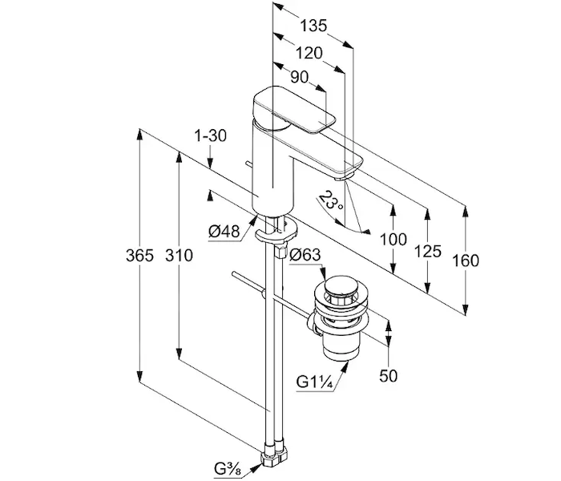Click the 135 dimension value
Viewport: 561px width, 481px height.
(x=313, y=26)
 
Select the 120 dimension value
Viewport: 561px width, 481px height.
(x=308, y=53)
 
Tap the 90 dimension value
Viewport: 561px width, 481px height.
(x=300, y=77)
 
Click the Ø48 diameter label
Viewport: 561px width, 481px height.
(x=224, y=232)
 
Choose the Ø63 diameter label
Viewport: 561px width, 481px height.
(x=305, y=257)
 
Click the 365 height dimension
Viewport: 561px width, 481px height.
(x=139, y=257)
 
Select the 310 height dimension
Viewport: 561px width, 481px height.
(x=179, y=257)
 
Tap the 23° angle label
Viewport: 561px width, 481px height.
(x=329, y=200)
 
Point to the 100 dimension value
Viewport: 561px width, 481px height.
(x=394, y=239)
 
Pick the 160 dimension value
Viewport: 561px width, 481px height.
(x=465, y=261)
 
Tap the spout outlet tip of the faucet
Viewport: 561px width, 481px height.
(x=349, y=171)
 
